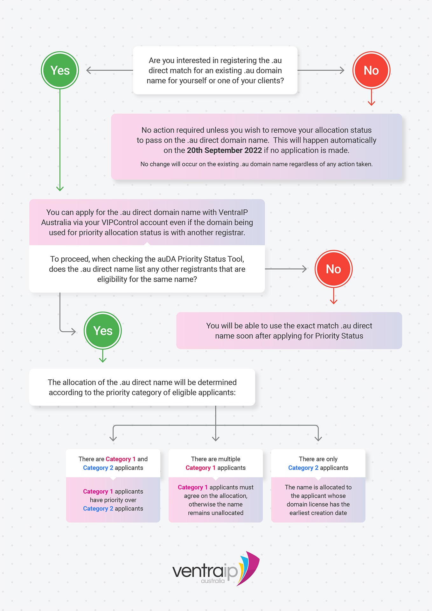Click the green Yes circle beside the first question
click(60, 70)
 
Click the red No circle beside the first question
click(371, 70)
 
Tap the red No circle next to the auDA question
click(333, 269)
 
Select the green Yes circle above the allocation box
click(103, 331)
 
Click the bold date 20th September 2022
click(224, 150)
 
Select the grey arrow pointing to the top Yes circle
click(109, 70)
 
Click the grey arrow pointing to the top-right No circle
click(321, 70)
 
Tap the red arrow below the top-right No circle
click(371, 97)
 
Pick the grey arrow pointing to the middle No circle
click(286, 269)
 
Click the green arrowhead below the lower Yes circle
click(103, 360)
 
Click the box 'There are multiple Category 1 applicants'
click(216, 463)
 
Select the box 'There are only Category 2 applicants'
click(318, 463)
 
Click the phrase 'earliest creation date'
click(318, 513)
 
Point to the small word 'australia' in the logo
click(213, 581)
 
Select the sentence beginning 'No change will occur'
click(256, 164)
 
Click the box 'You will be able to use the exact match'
click(289, 331)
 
